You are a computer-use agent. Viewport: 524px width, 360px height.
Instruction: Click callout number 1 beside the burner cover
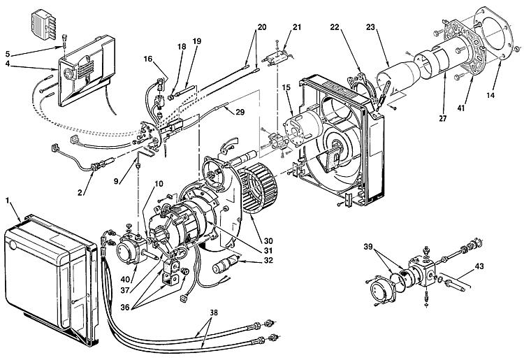[8, 201]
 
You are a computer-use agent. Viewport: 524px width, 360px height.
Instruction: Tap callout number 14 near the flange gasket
[490, 95]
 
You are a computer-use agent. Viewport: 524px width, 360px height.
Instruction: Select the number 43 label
[479, 266]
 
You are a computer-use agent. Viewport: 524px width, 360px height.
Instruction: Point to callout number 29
[240, 112]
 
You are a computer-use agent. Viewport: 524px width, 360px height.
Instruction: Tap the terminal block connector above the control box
[43, 21]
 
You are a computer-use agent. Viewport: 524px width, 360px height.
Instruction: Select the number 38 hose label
[214, 312]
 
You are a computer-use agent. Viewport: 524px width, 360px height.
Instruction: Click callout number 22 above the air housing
[335, 27]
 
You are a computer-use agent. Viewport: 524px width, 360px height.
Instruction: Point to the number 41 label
[461, 108]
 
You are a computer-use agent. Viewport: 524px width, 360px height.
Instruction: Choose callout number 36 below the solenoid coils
[125, 307]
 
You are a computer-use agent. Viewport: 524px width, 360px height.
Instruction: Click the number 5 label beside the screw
[8, 54]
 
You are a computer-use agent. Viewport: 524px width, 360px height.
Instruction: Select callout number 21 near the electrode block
[297, 27]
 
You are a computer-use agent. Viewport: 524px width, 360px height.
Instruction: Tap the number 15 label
[286, 87]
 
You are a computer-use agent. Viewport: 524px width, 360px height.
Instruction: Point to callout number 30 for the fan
[268, 241]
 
